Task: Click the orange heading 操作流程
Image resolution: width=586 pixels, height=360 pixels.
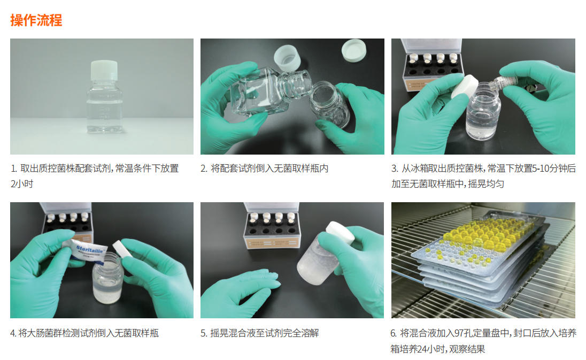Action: (36, 20)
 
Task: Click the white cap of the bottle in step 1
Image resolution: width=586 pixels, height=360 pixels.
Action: (104, 70)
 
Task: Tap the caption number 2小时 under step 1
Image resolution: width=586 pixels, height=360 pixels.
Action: (22, 184)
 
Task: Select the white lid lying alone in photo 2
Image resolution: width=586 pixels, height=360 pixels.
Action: (353, 50)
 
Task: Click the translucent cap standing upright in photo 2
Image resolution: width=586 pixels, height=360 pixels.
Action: (287, 58)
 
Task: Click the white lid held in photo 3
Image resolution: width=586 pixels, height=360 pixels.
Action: (465, 86)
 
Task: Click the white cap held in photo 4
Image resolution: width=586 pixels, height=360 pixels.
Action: (121, 249)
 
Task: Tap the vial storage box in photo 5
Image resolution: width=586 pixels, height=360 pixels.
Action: (271, 226)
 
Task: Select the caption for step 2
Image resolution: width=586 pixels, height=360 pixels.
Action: (264, 168)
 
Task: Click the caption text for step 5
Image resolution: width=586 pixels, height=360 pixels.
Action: (259, 333)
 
